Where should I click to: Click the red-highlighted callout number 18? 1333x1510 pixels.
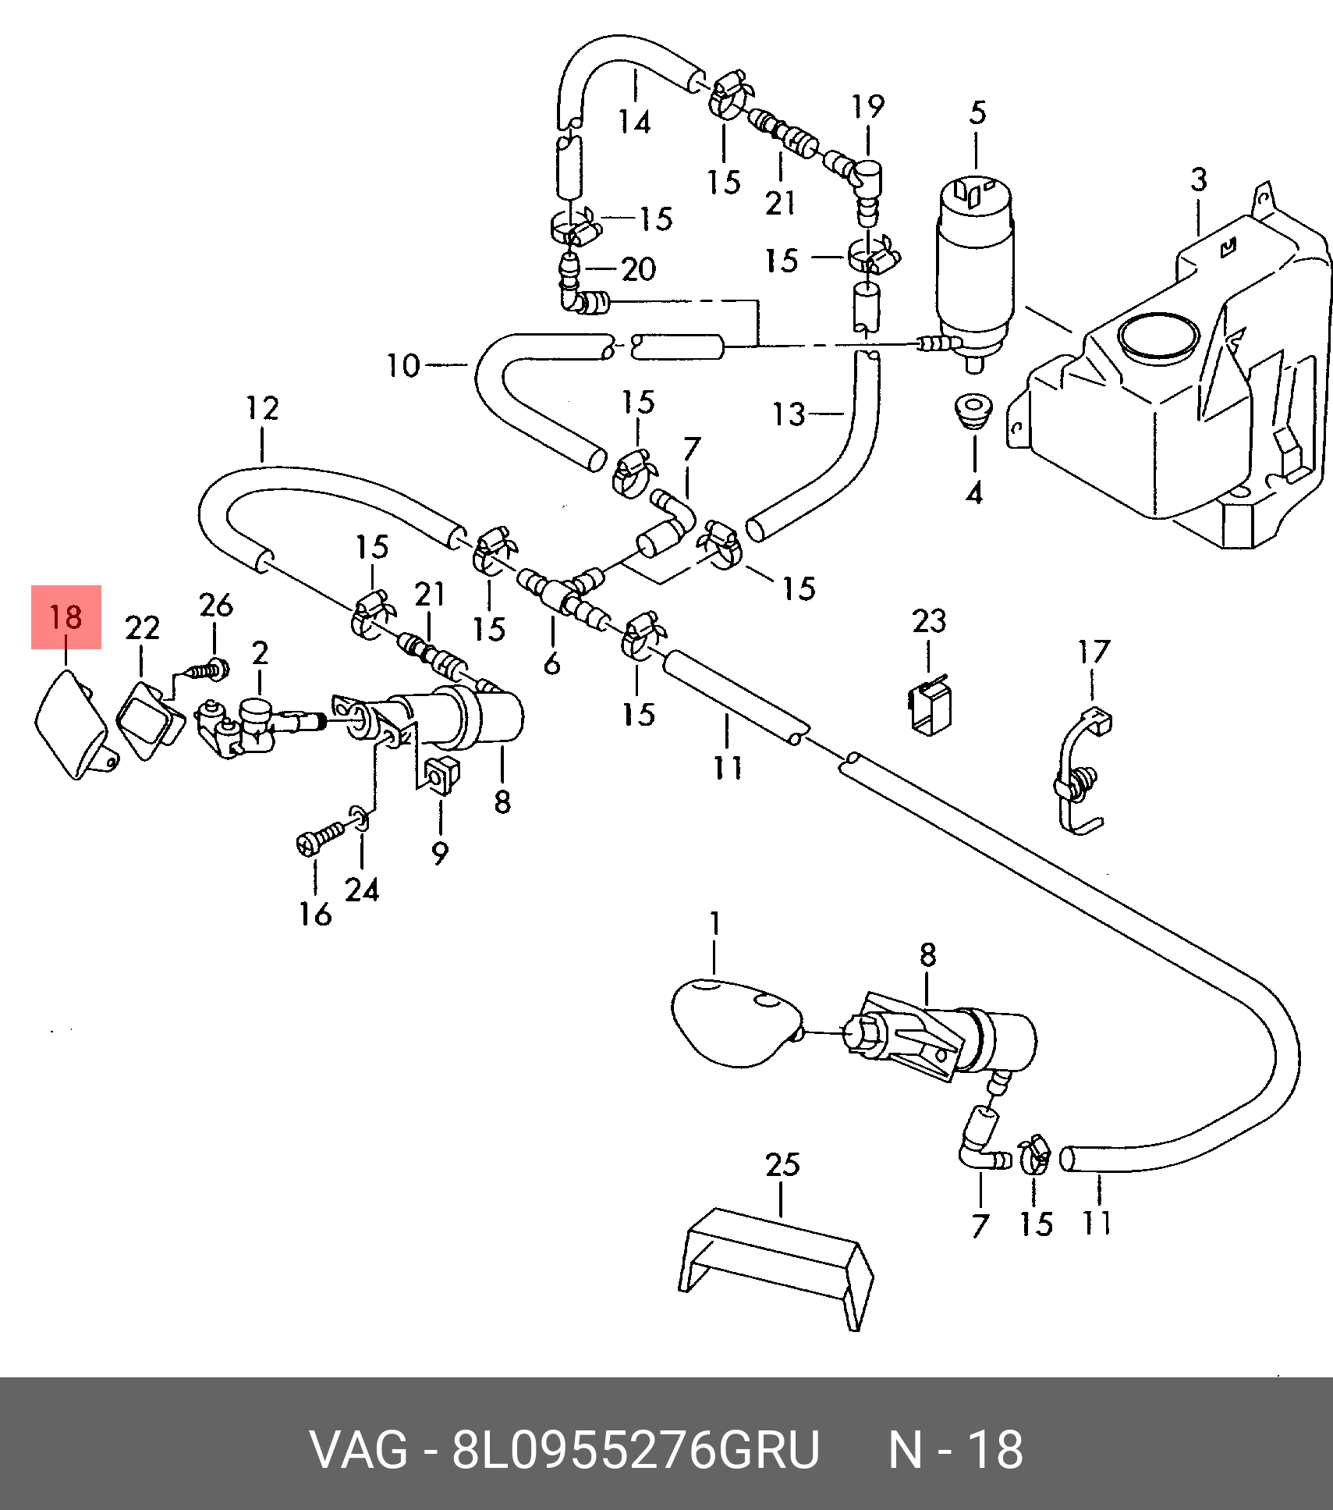click(x=66, y=618)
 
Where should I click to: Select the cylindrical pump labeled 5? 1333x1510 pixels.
click(x=975, y=265)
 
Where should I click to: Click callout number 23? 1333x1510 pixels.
click(x=929, y=621)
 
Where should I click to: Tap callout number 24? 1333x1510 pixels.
click(x=363, y=889)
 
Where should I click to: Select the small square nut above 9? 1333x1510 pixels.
click(x=444, y=774)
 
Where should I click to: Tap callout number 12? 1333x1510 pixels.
click(x=262, y=408)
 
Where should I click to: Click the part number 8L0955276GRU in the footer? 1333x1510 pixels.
click(x=636, y=1450)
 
